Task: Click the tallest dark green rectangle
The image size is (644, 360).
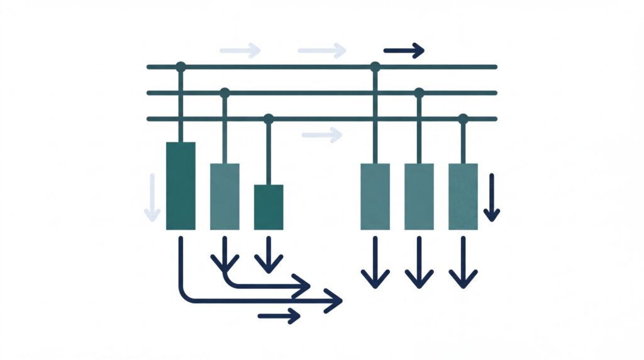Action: [x=180, y=186]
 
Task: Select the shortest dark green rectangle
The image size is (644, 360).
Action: [x=269, y=207]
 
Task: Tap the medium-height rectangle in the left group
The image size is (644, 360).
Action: [x=225, y=196]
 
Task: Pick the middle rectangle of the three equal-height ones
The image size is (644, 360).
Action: [x=419, y=196]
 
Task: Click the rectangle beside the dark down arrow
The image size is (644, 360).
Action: [x=463, y=196]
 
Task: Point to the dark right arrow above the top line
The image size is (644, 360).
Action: [x=404, y=50]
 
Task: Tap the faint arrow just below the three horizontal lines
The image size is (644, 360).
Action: [x=322, y=134]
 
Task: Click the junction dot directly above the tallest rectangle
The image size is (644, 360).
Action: [x=180, y=66]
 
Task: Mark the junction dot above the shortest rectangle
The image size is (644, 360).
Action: [x=269, y=118]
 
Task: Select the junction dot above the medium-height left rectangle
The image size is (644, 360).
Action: [x=225, y=93]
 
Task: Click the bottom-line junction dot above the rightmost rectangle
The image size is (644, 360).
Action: [x=463, y=118]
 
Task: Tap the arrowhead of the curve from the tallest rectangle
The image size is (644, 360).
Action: [x=336, y=301]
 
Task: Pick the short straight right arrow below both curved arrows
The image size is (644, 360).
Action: [x=279, y=315]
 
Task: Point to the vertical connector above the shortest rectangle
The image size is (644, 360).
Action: [x=269, y=151]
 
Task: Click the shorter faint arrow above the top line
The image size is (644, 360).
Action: [x=240, y=50]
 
